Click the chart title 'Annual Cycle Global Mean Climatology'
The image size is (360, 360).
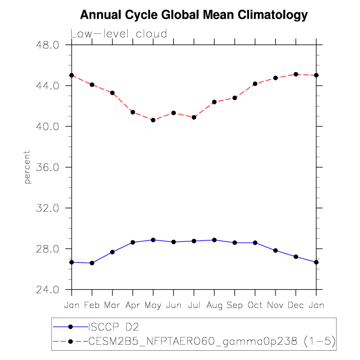point(194,15)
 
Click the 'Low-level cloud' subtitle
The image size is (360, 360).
point(119,34)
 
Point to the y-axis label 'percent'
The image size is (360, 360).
point(28,167)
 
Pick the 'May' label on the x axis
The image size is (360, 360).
point(153,305)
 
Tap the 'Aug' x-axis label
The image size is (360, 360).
point(214,305)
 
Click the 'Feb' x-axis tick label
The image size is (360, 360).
point(92,305)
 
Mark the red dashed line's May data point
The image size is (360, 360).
point(153,120)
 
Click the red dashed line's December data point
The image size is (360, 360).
point(296,74)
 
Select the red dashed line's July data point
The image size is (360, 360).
point(194,117)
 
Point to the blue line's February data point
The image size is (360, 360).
point(92,263)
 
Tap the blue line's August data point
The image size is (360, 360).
point(214,240)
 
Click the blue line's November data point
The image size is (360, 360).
point(276,251)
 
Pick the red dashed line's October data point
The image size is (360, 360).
point(255,83)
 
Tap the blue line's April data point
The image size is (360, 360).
point(133,242)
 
